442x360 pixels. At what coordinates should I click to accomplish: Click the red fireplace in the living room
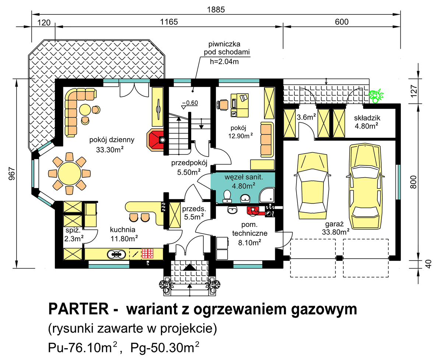click(156, 140)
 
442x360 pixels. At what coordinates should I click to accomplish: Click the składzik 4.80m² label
click(367, 122)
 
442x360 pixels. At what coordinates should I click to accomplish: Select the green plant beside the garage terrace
click(376, 96)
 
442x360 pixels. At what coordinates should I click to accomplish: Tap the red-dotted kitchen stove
click(148, 254)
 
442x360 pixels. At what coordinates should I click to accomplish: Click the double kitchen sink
click(116, 254)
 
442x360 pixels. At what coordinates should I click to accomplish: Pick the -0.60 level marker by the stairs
click(190, 103)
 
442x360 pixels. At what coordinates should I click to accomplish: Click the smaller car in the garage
click(312, 184)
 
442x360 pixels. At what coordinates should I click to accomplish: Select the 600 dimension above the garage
click(341, 22)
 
